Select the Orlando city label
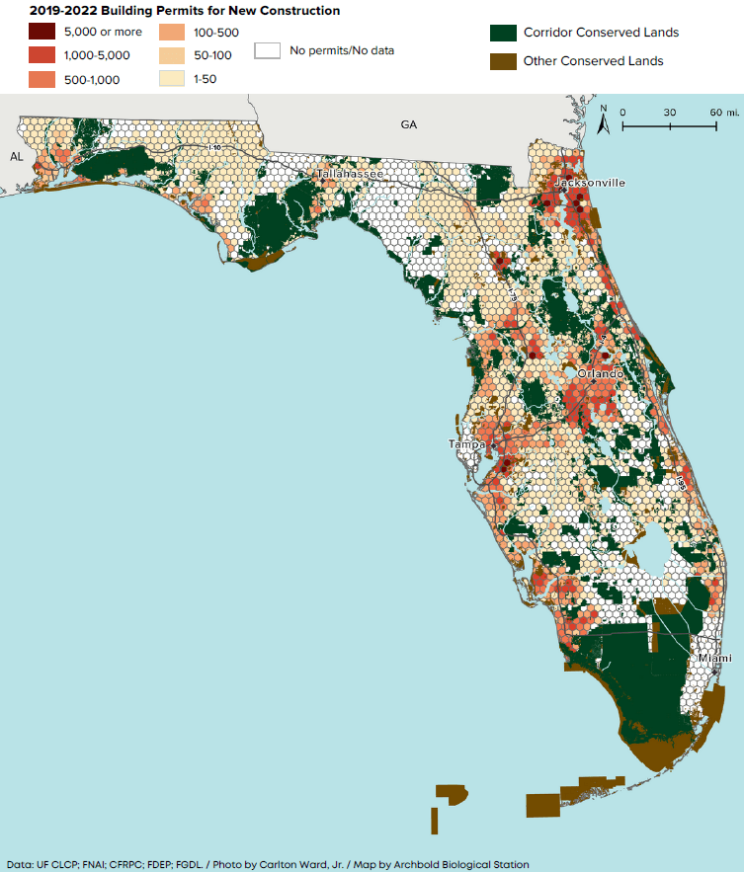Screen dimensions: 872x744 (x=601, y=374)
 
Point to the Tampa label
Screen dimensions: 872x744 (x=467, y=445)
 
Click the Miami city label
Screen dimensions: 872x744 (x=714, y=658)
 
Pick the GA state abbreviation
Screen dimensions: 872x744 (x=409, y=125)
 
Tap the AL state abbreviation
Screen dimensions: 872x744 (x=17, y=157)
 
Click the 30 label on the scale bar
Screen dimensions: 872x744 (x=670, y=113)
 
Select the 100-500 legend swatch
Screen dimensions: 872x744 (x=173, y=33)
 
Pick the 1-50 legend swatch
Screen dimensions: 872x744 (x=173, y=80)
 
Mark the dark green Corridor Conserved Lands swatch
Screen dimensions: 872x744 (x=503, y=33)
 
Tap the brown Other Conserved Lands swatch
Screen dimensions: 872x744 (x=503, y=61)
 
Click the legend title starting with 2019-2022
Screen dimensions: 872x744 (x=172, y=11)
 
